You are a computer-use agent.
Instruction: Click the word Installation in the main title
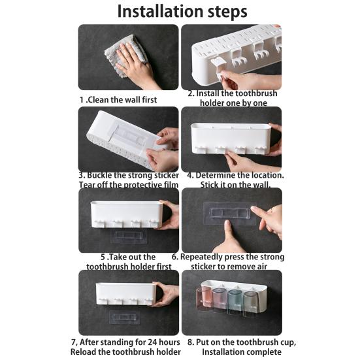[157, 11]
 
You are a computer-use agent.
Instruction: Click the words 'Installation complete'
[233, 351]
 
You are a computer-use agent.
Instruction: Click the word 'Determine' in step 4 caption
[220, 175]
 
